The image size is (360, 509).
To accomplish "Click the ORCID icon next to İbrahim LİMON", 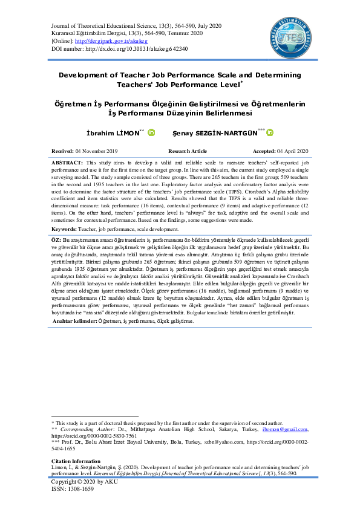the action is pyautogui.click(x=151, y=132).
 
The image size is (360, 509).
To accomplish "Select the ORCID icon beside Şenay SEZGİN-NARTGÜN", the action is pyautogui.click(x=270, y=132).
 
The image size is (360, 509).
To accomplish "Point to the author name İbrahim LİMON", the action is pyautogui.click(x=112, y=132).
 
